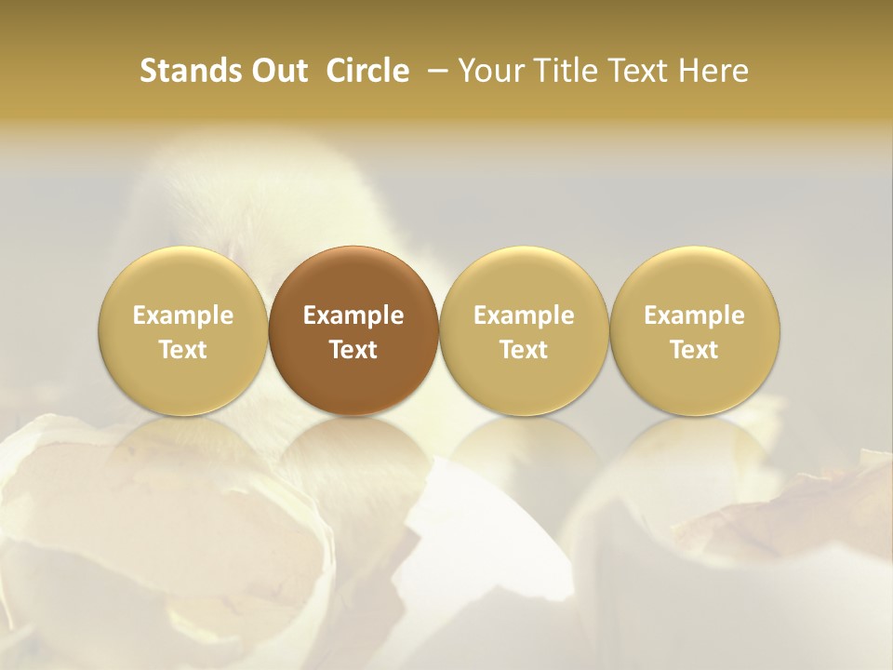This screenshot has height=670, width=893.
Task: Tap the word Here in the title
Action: pyautogui.click(x=715, y=72)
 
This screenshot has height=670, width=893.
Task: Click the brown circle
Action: pyautogui.click(x=353, y=330)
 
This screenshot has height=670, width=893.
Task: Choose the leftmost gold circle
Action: pyautogui.click(x=183, y=330)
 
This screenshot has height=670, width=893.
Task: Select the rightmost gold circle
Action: pyautogui.click(x=694, y=330)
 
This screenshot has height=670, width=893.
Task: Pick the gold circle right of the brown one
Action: pyautogui.click(x=524, y=330)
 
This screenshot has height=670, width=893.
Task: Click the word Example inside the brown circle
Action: pyautogui.click(x=353, y=315)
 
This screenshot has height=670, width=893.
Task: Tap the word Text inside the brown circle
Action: pyautogui.click(x=353, y=350)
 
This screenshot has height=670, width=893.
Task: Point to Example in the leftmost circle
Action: pyautogui.click(x=183, y=315)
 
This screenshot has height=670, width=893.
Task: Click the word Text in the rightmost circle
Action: pyautogui.click(x=694, y=350)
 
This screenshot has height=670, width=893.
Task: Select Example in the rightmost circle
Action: pyautogui.click(x=694, y=315)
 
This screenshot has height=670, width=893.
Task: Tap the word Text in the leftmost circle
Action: pyautogui.click(x=183, y=350)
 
